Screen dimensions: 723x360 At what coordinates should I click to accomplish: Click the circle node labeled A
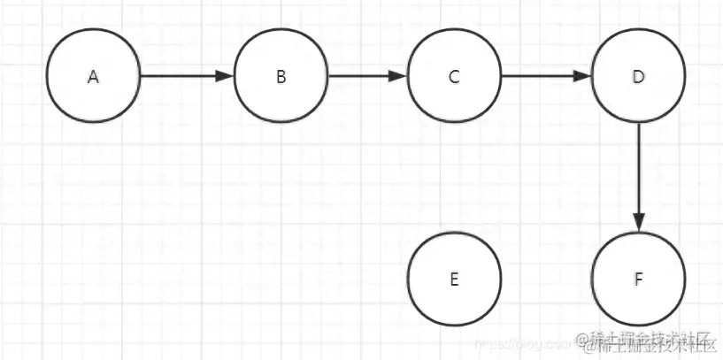pyautogui.click(x=94, y=76)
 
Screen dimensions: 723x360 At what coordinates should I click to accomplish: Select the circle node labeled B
pyautogui.click(x=281, y=76)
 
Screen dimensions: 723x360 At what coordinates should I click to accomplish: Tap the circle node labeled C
pyautogui.click(x=454, y=76)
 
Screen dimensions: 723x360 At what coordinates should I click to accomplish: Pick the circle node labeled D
pyautogui.click(x=638, y=76)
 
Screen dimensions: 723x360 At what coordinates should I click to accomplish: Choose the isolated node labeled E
pyautogui.click(x=454, y=280)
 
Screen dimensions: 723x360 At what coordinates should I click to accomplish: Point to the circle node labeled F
pyautogui.click(x=638, y=280)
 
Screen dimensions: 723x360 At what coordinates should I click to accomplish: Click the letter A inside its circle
pyautogui.click(x=94, y=77)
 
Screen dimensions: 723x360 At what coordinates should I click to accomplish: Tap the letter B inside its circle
pyautogui.click(x=281, y=77)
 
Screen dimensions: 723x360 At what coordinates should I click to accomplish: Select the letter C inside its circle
pyautogui.click(x=454, y=77)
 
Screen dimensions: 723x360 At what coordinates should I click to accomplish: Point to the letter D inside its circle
pyautogui.click(x=638, y=77)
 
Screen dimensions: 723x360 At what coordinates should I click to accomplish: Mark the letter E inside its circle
pyautogui.click(x=454, y=280)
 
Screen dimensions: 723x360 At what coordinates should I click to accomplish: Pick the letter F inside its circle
pyautogui.click(x=638, y=280)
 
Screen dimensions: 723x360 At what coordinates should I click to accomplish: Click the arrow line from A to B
pyautogui.click(x=181, y=76)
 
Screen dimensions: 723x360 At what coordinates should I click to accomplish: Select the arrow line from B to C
pyautogui.click(x=363, y=76)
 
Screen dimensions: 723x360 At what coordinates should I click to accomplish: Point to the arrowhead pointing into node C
pyautogui.click(x=401, y=76)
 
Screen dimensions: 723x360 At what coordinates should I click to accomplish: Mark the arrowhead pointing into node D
pyautogui.click(x=583, y=76)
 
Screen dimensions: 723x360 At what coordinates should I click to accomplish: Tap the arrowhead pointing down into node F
pyautogui.click(x=638, y=224)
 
